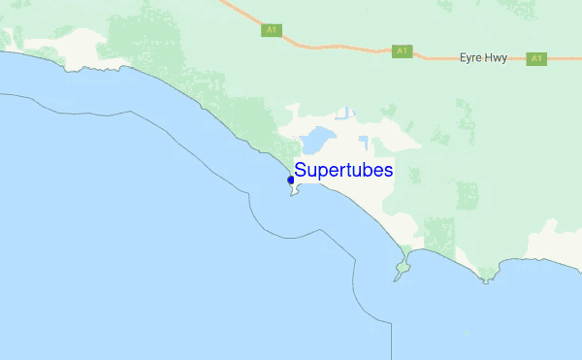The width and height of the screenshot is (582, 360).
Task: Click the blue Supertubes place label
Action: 343,171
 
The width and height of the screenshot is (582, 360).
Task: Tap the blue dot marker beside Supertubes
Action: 291,180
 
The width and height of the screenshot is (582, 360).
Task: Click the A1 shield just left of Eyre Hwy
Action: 402,50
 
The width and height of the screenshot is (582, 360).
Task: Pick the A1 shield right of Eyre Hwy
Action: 535,59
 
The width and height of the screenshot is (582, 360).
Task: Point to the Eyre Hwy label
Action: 483,58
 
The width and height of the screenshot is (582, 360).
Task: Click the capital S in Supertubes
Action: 301,171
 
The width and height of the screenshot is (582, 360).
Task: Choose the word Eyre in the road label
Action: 470,58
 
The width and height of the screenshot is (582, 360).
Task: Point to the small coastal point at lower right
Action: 487,278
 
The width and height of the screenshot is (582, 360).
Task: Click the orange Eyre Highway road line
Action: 330,47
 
